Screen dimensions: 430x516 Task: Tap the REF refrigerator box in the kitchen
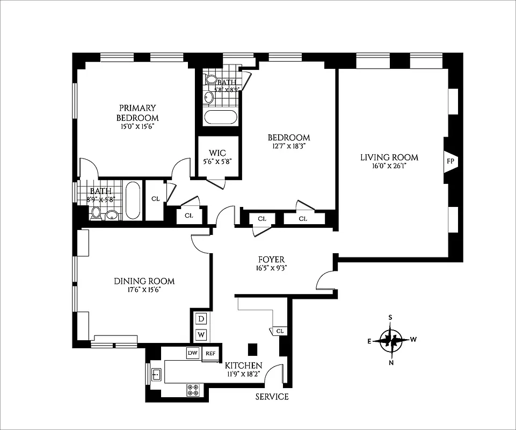point(210,354)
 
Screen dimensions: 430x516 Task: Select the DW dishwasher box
point(193,353)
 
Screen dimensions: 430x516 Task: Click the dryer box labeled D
point(201,319)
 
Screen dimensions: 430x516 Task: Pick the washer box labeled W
point(201,334)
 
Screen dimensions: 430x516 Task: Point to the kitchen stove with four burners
point(193,390)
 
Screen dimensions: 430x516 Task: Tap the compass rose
point(391,340)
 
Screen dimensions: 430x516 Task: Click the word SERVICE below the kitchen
point(272,397)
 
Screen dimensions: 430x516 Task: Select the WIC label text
point(214,151)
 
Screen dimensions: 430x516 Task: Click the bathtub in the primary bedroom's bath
point(133,201)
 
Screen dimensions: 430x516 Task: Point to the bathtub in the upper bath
point(221,118)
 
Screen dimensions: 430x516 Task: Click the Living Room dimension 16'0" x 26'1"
point(389,167)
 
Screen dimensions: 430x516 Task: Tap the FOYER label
point(271,260)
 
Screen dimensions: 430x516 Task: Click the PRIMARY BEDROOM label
point(137,113)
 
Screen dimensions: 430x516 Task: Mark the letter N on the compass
point(391,362)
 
